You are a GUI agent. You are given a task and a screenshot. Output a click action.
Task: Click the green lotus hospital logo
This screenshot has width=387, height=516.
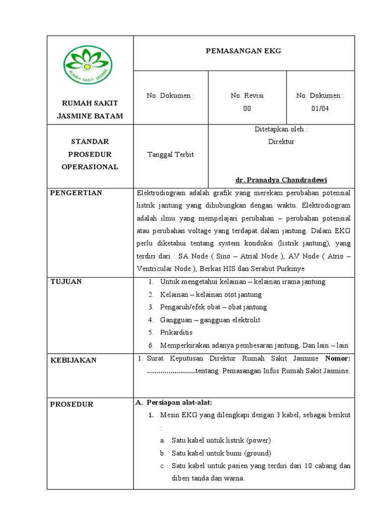pos(88,65)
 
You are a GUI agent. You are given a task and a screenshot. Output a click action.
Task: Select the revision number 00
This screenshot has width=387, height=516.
pos(247,108)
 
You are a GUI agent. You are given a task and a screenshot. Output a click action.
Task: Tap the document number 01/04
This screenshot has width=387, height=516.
pos(320,108)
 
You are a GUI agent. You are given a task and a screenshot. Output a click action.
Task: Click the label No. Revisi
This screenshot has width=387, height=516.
pos(247,95)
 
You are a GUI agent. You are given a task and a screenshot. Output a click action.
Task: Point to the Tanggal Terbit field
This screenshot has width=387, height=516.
pos(170,154)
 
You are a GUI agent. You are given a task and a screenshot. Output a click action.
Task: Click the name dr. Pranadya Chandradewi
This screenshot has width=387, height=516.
pos(281,180)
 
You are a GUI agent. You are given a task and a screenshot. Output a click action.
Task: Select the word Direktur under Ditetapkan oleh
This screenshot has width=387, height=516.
pos(281,142)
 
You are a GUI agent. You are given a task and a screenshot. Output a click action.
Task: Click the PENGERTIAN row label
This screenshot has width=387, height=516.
pos(76,193)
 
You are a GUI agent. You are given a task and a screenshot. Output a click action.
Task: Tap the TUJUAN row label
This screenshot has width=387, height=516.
pos(66,281)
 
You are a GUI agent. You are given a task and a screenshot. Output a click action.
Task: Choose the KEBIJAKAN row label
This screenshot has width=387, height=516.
pos(74,360)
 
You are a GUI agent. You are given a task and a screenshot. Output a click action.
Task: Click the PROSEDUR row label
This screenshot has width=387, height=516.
pos(72,404)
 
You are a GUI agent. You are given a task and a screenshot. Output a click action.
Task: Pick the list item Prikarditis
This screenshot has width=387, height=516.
pos(176,333)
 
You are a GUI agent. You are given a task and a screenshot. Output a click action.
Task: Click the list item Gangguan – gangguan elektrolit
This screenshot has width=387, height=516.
pos(210,320)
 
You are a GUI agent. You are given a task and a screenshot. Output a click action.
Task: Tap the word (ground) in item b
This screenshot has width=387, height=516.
pos(259,453)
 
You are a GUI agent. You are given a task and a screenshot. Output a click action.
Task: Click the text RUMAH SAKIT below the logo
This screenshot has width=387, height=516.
pos(90,103)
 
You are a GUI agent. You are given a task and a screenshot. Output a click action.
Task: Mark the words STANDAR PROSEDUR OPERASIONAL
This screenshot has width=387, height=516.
pos(90,154)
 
